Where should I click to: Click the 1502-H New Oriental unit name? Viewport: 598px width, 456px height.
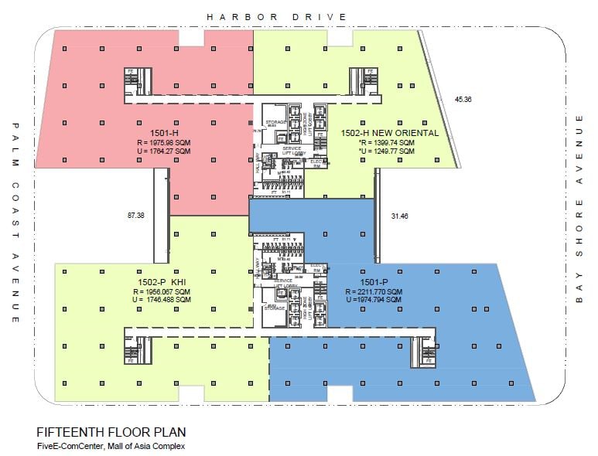click(x=390, y=133)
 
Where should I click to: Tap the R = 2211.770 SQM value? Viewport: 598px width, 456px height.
click(x=374, y=291)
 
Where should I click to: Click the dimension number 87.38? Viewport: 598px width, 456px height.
click(x=135, y=216)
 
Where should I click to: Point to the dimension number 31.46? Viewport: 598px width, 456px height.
click(x=400, y=216)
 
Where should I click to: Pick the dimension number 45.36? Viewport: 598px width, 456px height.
click(x=463, y=99)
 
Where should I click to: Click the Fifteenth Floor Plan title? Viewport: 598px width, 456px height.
click(x=111, y=432)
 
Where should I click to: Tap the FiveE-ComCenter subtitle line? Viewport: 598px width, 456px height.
click(x=111, y=445)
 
